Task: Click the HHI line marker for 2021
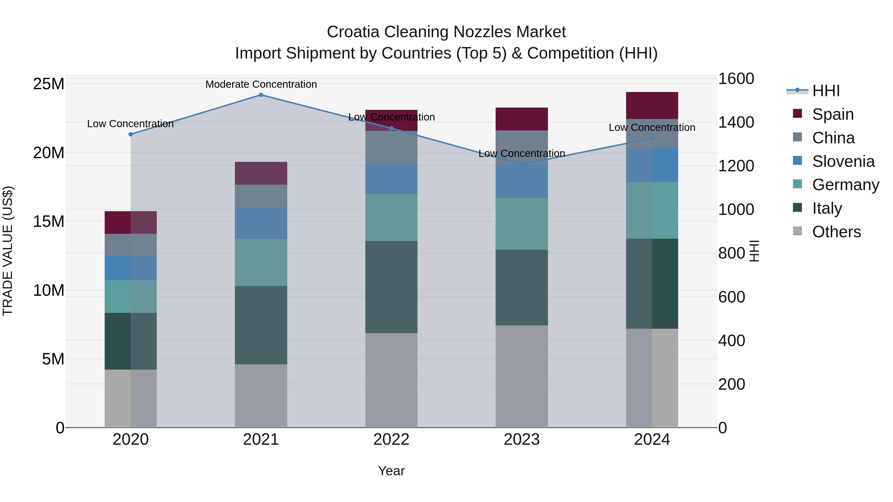click(x=261, y=95)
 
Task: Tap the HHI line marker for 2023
click(x=522, y=164)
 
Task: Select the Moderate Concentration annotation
click(x=261, y=84)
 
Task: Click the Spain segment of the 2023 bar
click(x=522, y=119)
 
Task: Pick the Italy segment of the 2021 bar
click(x=261, y=325)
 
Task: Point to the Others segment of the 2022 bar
click(x=391, y=380)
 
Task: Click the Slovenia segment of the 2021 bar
click(x=261, y=223)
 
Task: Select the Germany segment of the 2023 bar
click(x=522, y=224)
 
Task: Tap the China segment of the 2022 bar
click(x=391, y=147)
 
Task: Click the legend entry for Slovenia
click(x=843, y=161)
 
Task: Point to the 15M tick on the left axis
click(x=49, y=221)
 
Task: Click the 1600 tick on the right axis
click(x=736, y=79)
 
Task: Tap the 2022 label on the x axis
click(x=391, y=440)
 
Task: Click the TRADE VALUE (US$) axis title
click(x=8, y=251)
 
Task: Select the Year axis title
click(x=391, y=471)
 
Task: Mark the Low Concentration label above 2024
click(x=652, y=127)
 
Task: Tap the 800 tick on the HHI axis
click(x=732, y=253)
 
